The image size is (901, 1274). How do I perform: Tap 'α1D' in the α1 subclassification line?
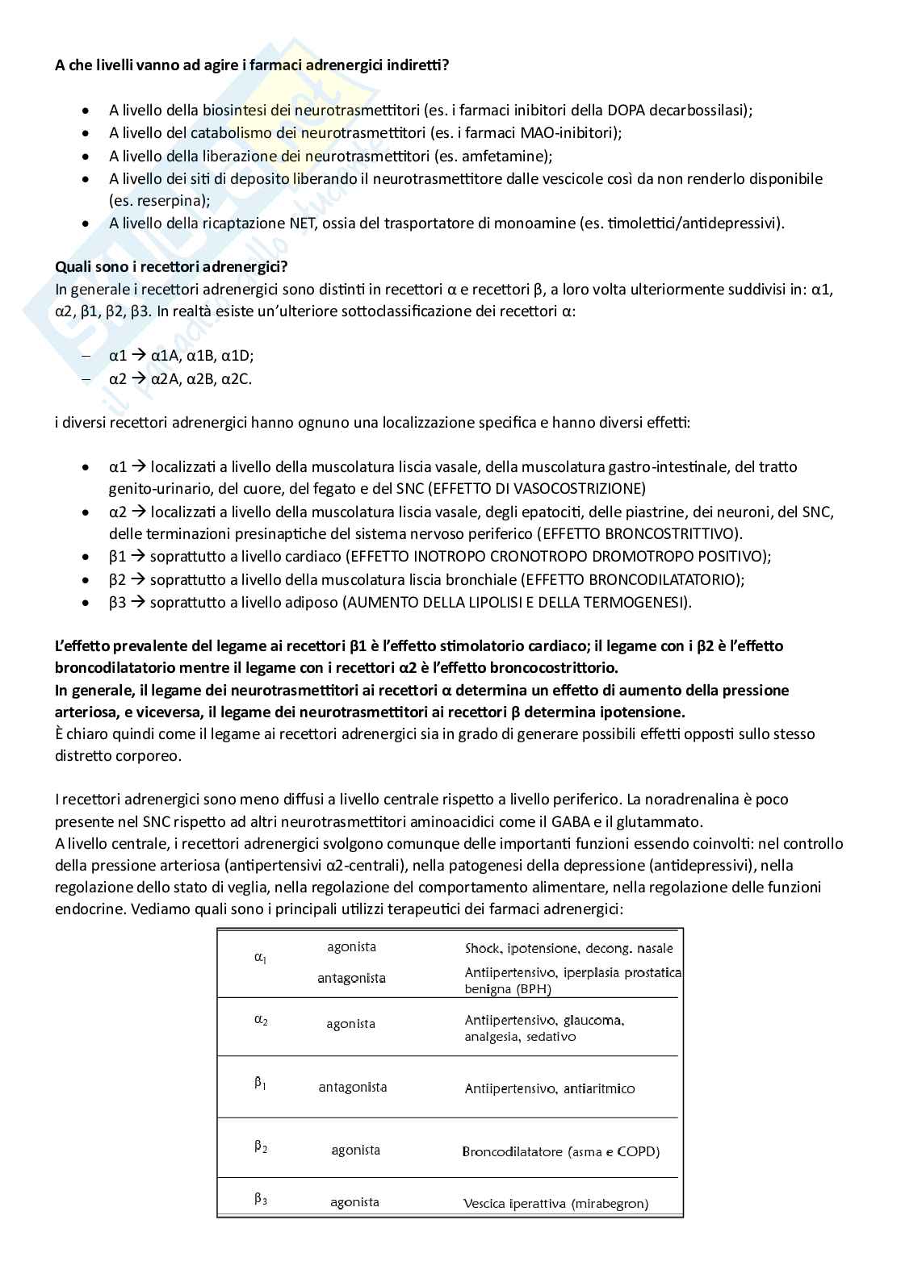pyautogui.click(x=236, y=355)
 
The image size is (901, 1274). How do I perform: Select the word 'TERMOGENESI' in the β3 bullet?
pyautogui.click(x=643, y=602)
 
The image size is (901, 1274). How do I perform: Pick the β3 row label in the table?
pyautogui.click(x=261, y=1199)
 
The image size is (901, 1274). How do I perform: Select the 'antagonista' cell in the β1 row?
pyautogui.click(x=353, y=1087)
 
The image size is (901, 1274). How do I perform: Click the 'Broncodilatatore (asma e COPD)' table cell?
pyautogui.click(x=561, y=1151)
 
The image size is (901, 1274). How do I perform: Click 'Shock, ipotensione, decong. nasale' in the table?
pyautogui.click(x=568, y=949)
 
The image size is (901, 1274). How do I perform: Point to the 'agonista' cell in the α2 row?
pyautogui.click(x=350, y=1024)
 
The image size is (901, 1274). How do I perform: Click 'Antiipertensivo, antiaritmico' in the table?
pyautogui.click(x=550, y=1089)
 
